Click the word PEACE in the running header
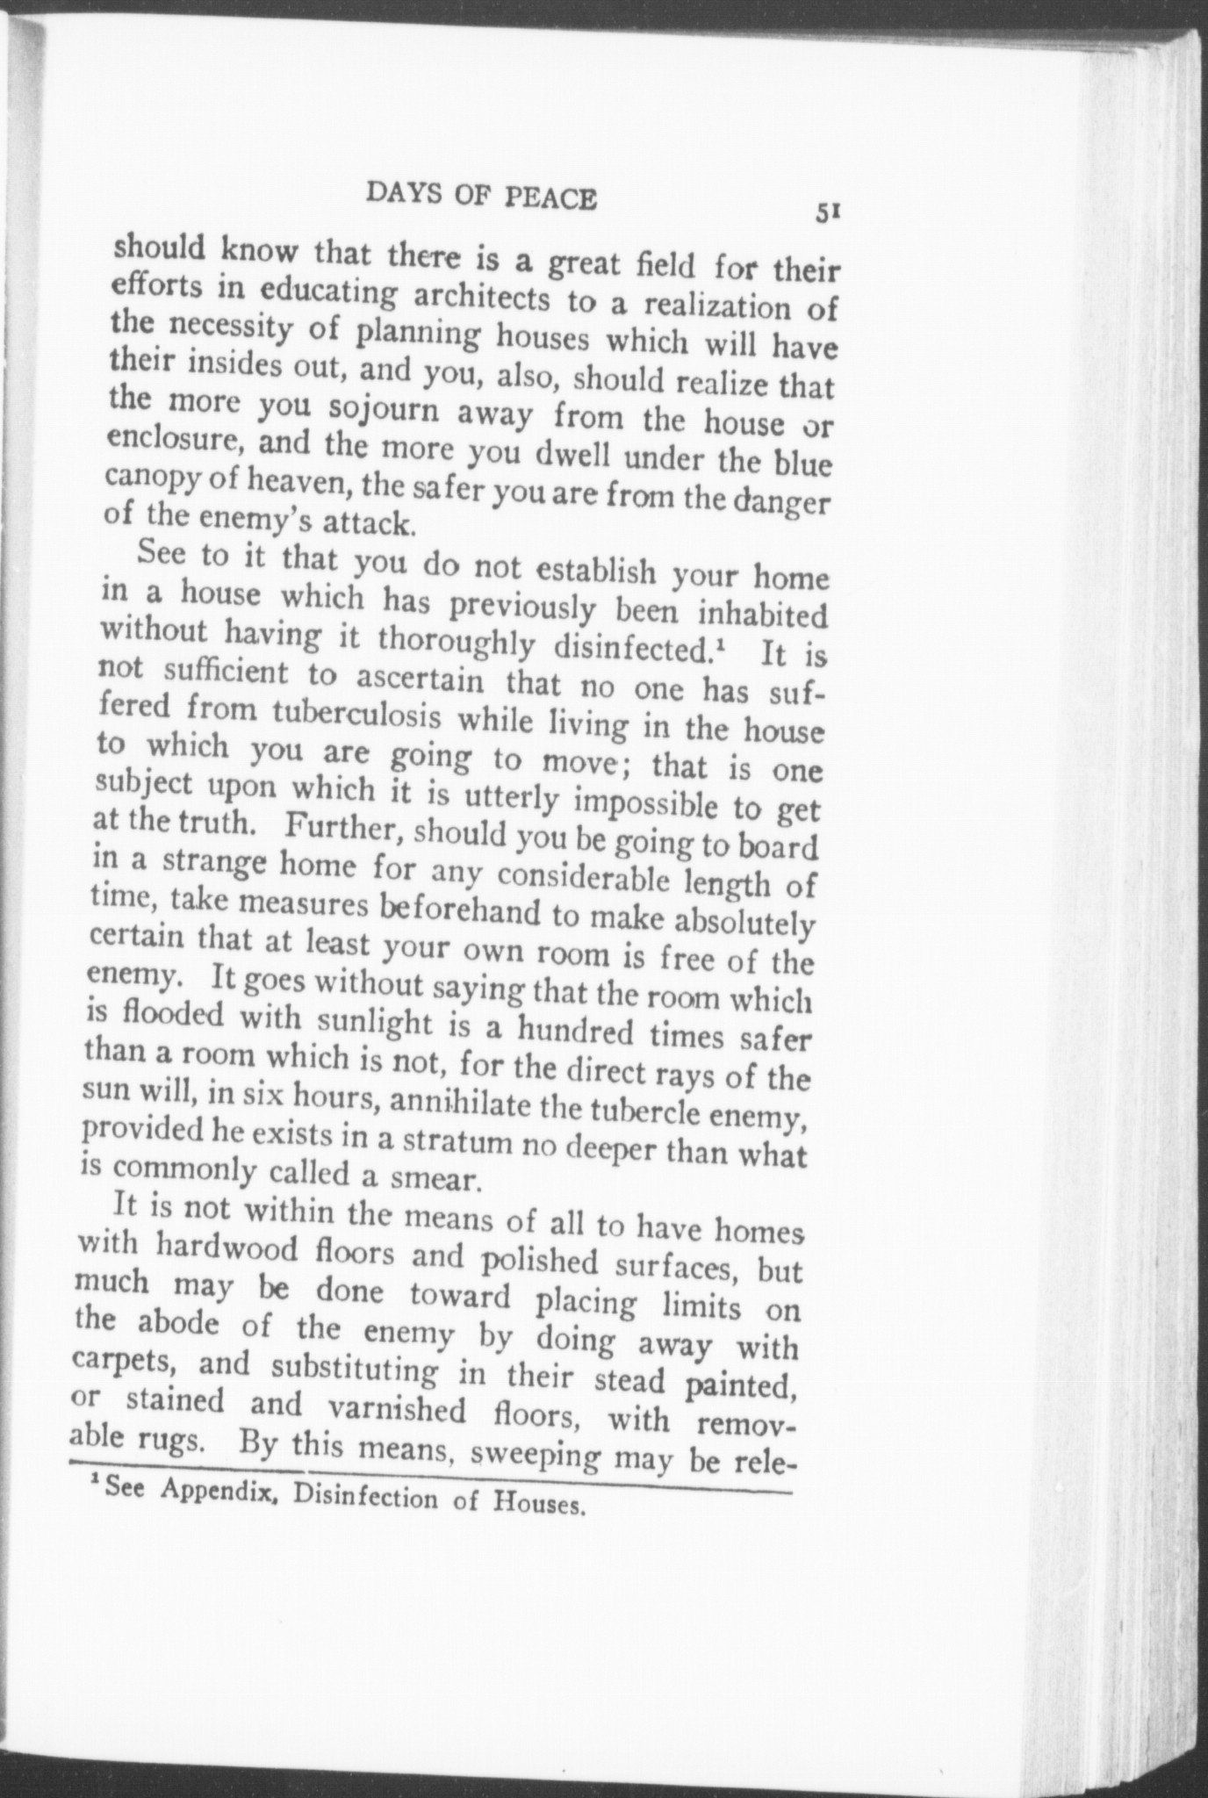point(551,198)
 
